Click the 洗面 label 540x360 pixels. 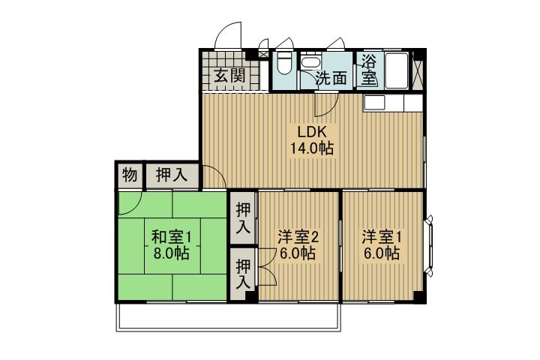point(331,78)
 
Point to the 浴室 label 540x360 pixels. point(369,69)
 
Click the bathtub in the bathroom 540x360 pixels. point(395,72)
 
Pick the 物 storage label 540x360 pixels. point(129,176)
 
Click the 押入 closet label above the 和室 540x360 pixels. point(172,176)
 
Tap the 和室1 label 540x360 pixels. point(172,238)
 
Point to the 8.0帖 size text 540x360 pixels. point(172,254)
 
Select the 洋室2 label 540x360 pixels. point(298,238)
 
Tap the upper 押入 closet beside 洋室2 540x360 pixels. point(242,217)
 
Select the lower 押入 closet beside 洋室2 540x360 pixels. point(242,274)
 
